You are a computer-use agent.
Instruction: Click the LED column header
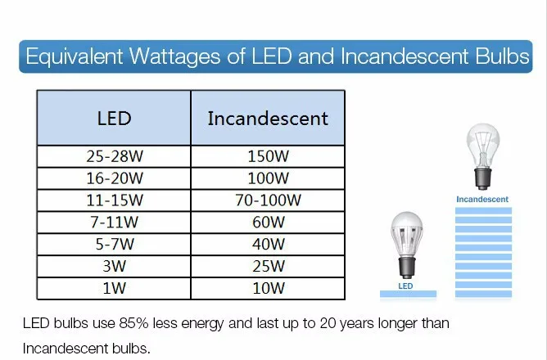pos(114,118)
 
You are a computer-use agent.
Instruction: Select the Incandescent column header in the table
pos(268,118)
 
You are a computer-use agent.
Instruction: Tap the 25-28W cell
pos(114,156)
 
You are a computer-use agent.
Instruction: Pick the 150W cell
pos(268,156)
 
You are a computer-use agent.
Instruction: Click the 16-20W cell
pos(114,178)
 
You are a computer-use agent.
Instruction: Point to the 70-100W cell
pos(268,200)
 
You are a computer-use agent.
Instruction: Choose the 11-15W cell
pos(114,200)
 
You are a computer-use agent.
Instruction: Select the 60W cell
pos(268,223)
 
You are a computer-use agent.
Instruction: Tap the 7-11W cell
pos(114,223)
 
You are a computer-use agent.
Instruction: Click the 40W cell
pos(268,245)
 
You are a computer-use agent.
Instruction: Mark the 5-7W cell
pos(114,245)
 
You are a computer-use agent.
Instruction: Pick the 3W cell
pos(114,267)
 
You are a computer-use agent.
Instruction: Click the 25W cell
pos(268,267)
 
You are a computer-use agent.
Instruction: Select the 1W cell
pos(114,289)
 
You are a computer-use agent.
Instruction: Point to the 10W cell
pos(268,289)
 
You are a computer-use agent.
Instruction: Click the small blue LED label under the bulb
pos(405,286)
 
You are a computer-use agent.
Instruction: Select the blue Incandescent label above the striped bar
pos(482,200)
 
